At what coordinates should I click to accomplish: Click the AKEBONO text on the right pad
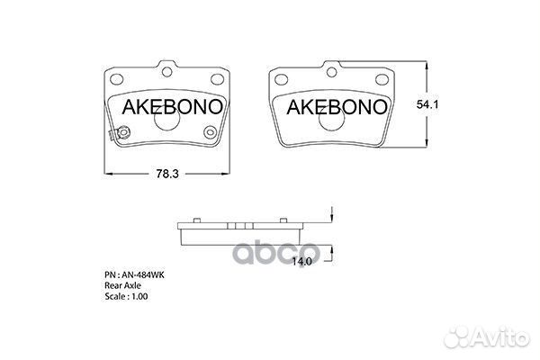337,107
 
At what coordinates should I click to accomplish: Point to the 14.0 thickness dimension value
302,262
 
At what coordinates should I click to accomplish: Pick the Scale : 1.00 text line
127,296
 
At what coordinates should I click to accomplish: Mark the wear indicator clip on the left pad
111,137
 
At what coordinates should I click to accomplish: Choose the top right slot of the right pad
382,76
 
